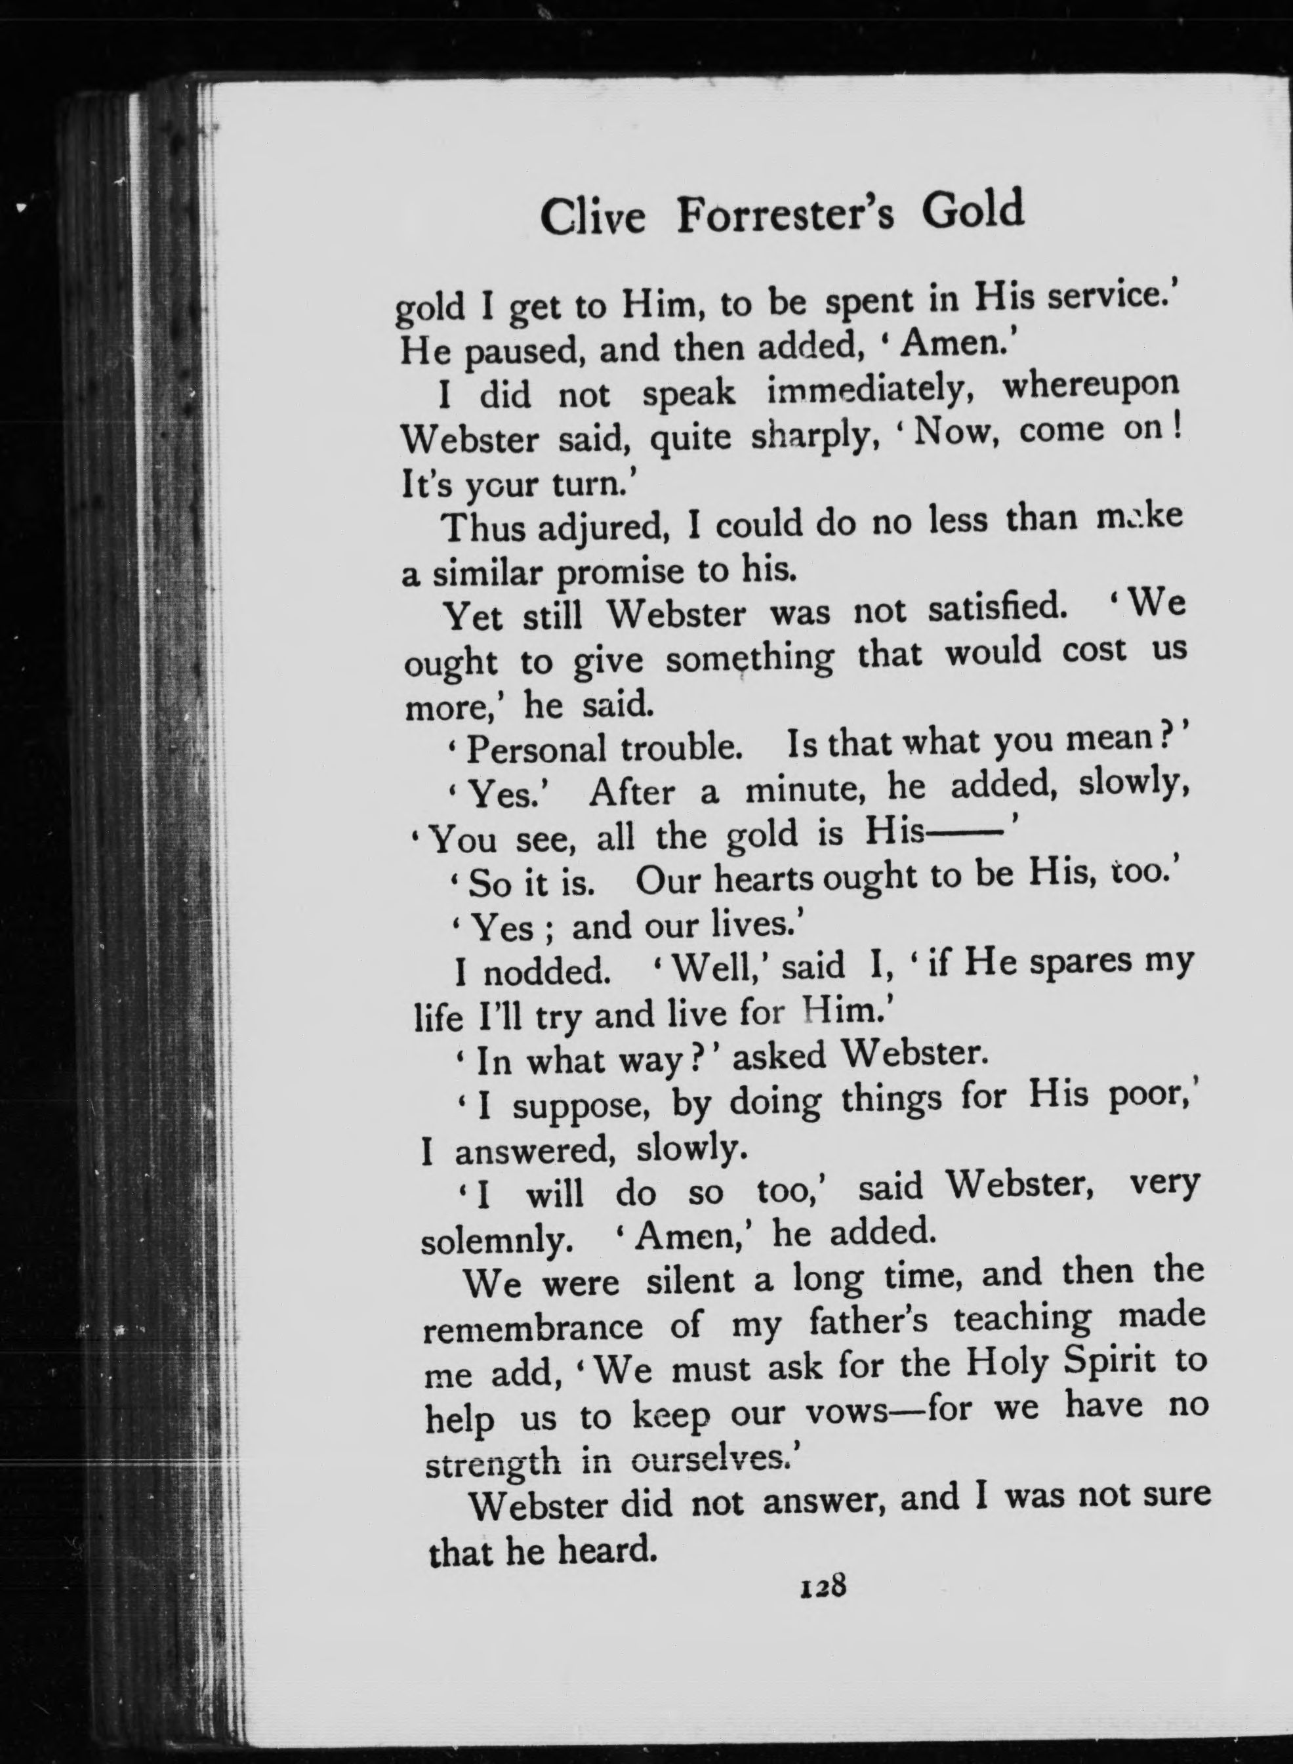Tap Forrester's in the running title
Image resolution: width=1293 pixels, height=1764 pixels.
tap(785, 215)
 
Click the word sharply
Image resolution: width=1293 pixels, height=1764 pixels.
tap(811, 441)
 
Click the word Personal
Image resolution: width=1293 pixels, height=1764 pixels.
tap(535, 749)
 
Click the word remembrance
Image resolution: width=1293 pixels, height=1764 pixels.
tap(532, 1329)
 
